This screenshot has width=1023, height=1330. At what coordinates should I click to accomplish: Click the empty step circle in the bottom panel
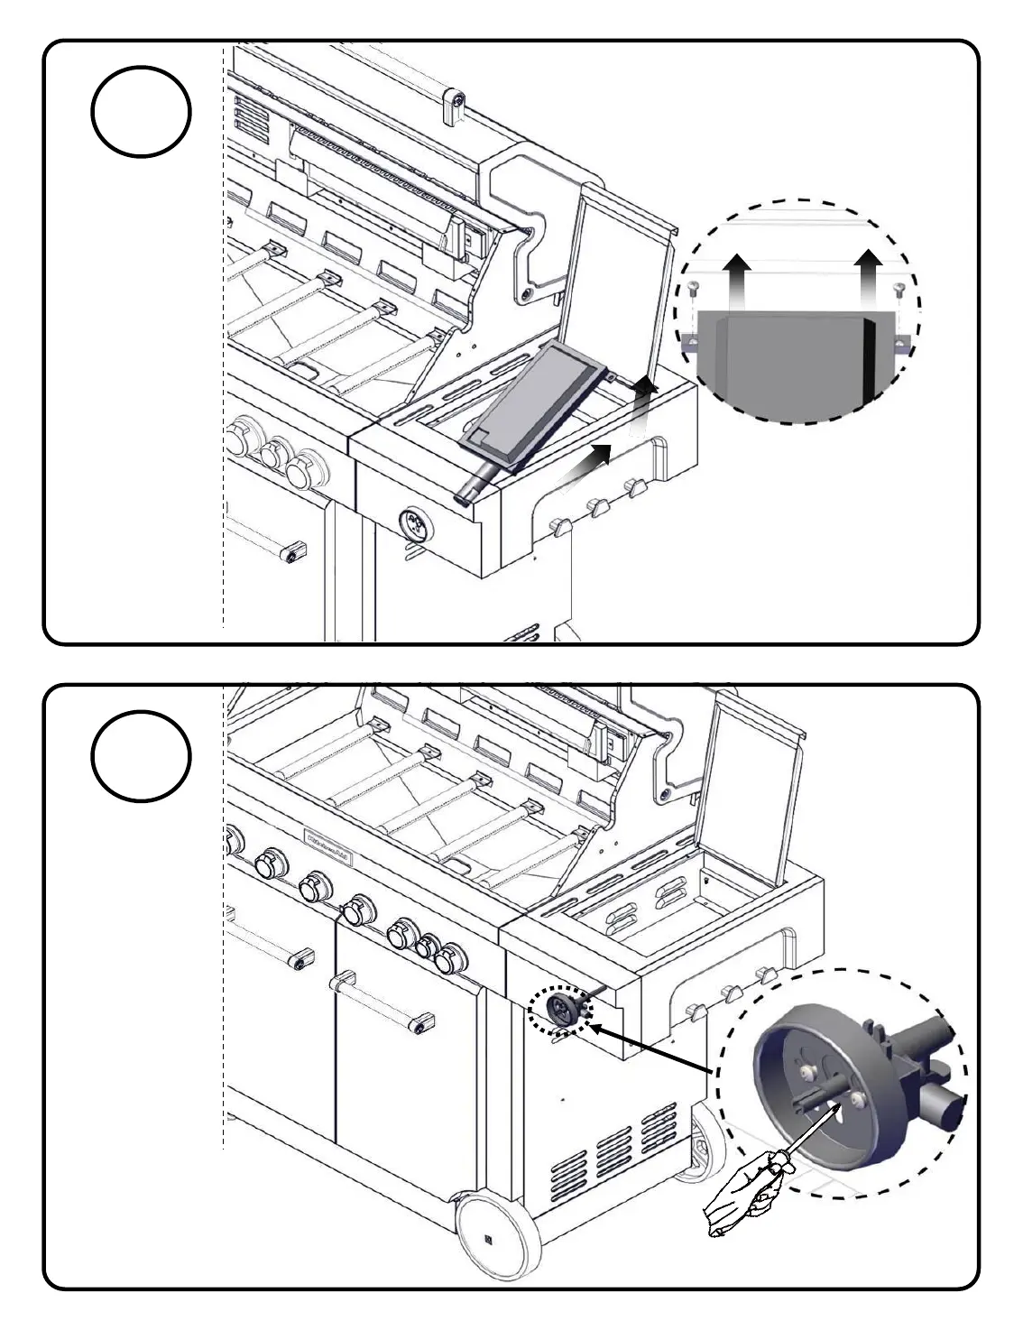pos(141,755)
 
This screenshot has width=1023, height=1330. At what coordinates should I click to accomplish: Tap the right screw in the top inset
pos(898,289)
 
